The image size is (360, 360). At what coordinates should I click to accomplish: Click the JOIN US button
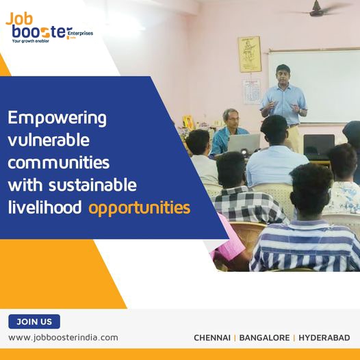point(34,322)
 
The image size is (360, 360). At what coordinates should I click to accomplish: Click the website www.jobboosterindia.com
point(63,337)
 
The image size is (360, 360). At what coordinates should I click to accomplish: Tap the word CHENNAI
point(211,338)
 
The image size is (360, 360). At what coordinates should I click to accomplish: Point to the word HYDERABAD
point(324,338)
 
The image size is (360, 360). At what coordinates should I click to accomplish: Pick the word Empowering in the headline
point(57,118)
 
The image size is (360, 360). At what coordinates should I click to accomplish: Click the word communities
point(58,163)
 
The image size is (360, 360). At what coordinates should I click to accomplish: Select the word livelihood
point(45,207)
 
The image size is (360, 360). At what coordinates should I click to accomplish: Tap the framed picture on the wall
point(249,54)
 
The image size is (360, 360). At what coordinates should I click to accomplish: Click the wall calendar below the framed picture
point(251,91)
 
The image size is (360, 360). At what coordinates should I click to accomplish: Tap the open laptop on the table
point(244,143)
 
